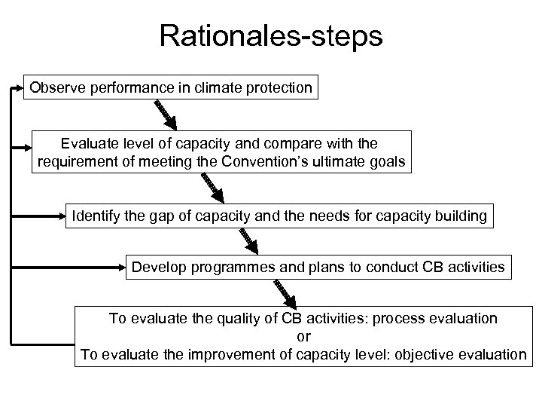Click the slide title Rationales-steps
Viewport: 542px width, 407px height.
271,35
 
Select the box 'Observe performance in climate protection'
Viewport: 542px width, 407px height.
171,88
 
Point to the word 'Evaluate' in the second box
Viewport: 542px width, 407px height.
89,143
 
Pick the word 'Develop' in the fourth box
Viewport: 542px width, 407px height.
156,266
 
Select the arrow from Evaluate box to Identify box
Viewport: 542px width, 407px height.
213,188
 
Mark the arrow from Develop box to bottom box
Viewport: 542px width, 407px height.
287,292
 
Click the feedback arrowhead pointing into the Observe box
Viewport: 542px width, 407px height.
19,88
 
